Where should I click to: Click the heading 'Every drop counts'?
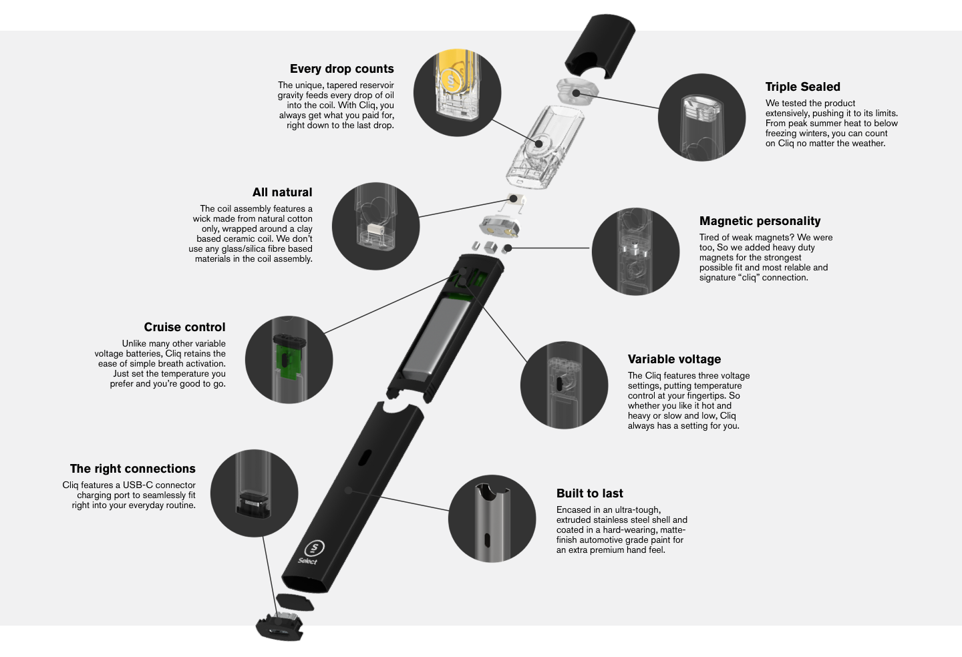click(342, 69)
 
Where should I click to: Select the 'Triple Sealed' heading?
click(803, 87)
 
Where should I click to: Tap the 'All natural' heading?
click(282, 192)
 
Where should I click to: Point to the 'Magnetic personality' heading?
click(760, 221)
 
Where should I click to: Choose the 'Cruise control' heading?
click(184, 327)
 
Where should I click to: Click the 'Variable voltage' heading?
click(674, 359)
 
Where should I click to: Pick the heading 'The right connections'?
click(133, 469)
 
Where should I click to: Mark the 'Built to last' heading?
click(590, 493)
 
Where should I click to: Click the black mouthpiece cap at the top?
click(600, 46)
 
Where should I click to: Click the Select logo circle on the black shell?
click(315, 548)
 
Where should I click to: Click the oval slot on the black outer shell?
click(365, 457)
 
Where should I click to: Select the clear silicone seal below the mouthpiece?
click(577, 91)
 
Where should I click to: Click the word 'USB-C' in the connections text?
click(138, 485)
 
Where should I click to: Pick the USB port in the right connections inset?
click(254, 503)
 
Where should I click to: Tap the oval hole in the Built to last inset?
click(487, 540)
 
